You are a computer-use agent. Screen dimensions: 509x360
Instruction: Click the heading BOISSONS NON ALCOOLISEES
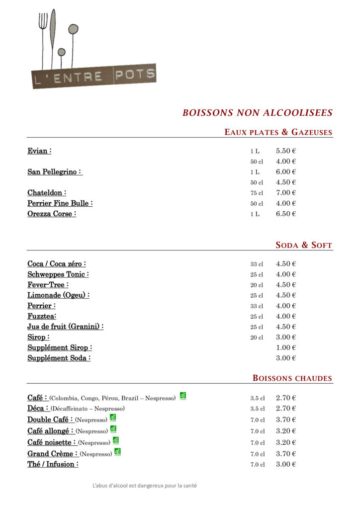point(257,113)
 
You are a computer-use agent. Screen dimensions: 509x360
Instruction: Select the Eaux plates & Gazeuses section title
point(278,132)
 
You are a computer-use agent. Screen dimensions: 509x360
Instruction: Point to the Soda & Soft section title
point(304,245)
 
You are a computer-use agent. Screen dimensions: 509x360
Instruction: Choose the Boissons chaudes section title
point(292,378)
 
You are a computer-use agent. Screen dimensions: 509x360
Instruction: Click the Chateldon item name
point(47,193)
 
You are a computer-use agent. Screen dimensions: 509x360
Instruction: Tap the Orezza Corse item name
point(52,214)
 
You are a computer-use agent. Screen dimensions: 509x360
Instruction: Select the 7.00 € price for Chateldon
point(286,193)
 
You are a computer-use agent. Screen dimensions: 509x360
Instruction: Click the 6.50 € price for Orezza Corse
point(286,214)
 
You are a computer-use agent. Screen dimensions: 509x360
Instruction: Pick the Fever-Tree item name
point(48,285)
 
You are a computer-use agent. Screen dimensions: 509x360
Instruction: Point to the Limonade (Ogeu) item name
point(58,295)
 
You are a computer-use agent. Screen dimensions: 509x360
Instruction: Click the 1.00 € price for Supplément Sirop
point(286,347)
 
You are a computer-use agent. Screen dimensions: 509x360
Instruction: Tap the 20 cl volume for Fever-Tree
point(257,285)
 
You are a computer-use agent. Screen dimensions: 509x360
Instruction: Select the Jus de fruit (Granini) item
point(65,327)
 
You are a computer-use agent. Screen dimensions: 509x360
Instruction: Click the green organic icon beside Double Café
point(113,418)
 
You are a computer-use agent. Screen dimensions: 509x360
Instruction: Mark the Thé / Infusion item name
point(53,464)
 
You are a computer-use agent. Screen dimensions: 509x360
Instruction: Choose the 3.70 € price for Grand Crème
point(286,453)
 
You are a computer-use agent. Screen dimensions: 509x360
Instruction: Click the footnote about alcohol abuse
point(145,486)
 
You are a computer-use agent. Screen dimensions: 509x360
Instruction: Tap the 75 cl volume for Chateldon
point(257,193)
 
